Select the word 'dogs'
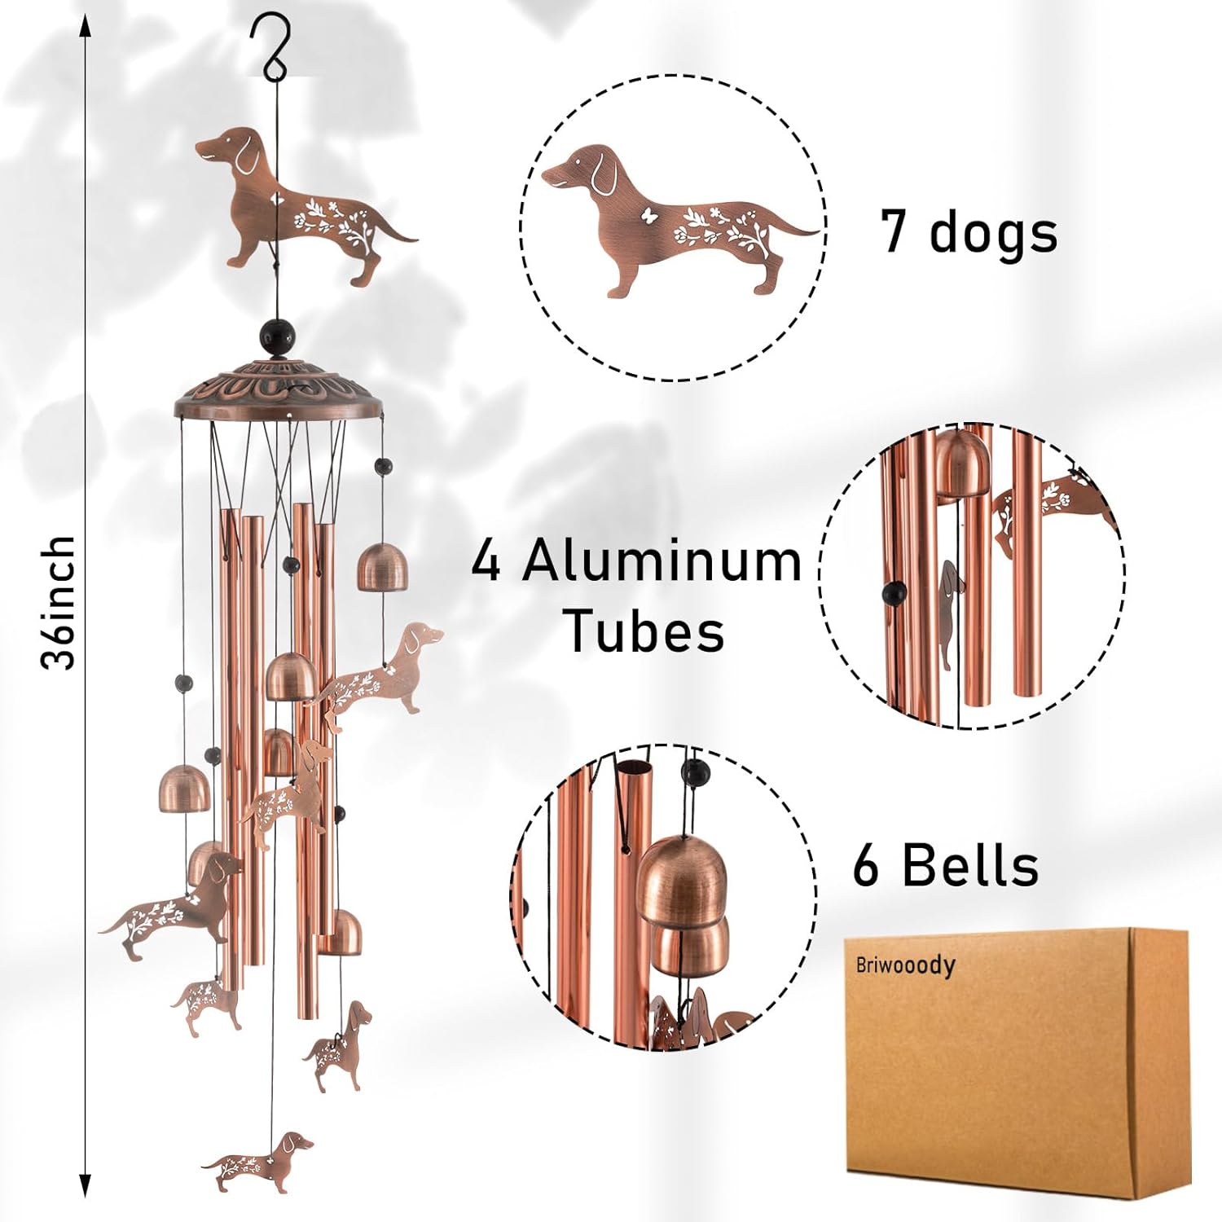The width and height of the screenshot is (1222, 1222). (x=993, y=234)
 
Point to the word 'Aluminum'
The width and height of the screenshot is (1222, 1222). (x=662, y=561)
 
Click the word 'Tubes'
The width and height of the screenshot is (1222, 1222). (x=644, y=631)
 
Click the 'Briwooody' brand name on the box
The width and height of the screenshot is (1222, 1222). (x=904, y=965)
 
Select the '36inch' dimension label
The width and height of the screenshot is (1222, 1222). (x=59, y=603)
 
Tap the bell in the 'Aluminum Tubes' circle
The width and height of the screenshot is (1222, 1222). (x=960, y=464)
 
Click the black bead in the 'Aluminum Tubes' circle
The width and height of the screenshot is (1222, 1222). (x=895, y=592)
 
